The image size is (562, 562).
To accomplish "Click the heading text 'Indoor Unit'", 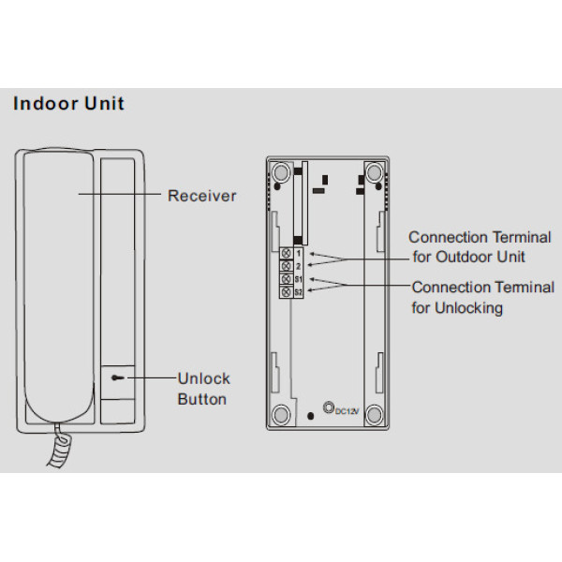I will (x=68, y=103).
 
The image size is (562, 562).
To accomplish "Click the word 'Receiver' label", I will (x=201, y=197).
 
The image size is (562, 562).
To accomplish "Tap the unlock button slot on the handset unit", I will (x=115, y=379).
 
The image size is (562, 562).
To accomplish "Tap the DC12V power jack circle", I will (x=328, y=407).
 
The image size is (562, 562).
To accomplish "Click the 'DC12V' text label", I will (x=346, y=412).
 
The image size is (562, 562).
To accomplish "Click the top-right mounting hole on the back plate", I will (x=374, y=172).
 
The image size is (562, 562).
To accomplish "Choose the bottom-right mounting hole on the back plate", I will (x=374, y=413).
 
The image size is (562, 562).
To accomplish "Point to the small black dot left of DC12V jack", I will (x=311, y=413).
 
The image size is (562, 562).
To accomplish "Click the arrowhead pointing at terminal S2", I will (x=310, y=292).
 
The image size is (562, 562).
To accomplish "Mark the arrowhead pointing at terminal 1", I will (x=310, y=253).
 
